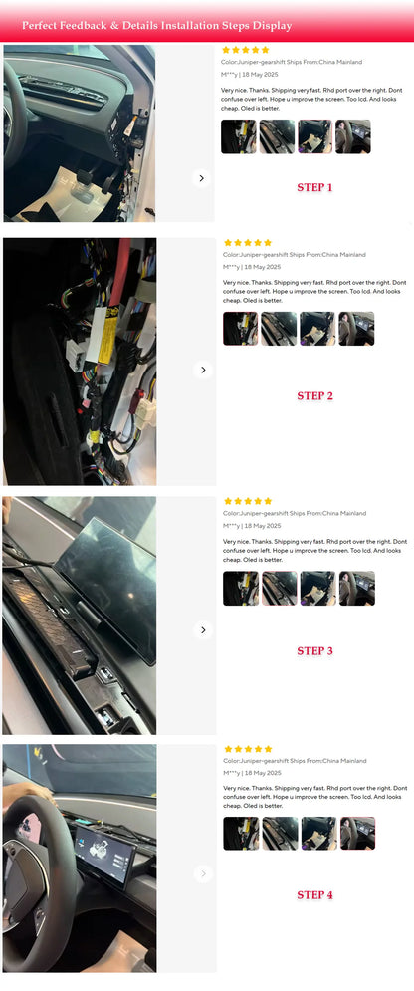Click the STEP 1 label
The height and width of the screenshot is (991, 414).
(314, 187)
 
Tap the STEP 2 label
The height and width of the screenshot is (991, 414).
(314, 396)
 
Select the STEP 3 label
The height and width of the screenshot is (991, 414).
(314, 651)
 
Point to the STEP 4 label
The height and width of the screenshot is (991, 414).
(314, 895)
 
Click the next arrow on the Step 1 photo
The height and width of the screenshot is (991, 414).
(201, 178)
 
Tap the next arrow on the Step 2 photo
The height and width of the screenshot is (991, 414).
(203, 370)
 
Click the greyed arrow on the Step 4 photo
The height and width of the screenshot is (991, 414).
(203, 874)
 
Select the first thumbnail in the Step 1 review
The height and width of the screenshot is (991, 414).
(239, 136)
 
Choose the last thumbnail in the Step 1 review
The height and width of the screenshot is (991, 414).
(352, 136)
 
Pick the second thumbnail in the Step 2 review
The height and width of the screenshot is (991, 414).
(279, 329)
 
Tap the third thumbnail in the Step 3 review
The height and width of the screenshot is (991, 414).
(317, 589)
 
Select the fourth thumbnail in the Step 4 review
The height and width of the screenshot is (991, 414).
(357, 833)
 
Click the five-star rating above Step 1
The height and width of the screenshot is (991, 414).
(246, 50)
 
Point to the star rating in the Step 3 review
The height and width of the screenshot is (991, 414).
(248, 501)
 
